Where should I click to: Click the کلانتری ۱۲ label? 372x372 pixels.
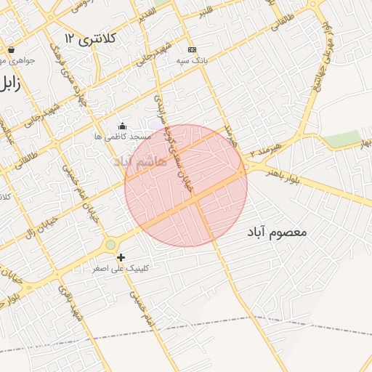point(90,37)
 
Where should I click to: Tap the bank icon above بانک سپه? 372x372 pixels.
point(192,49)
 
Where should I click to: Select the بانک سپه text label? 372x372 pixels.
point(192,61)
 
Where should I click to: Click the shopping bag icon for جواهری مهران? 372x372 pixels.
point(12,50)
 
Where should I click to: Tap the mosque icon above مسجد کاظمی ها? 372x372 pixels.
point(122,126)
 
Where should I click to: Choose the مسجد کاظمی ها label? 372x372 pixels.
point(122,136)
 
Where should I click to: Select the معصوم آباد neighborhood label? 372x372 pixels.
point(278,232)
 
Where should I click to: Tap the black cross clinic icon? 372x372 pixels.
point(121,257)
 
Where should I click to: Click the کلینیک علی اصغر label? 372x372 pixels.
point(121,268)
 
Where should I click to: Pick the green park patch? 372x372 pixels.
point(342,138)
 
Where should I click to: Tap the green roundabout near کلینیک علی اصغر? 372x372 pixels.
point(110,245)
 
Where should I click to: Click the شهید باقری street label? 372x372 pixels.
point(73,305)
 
